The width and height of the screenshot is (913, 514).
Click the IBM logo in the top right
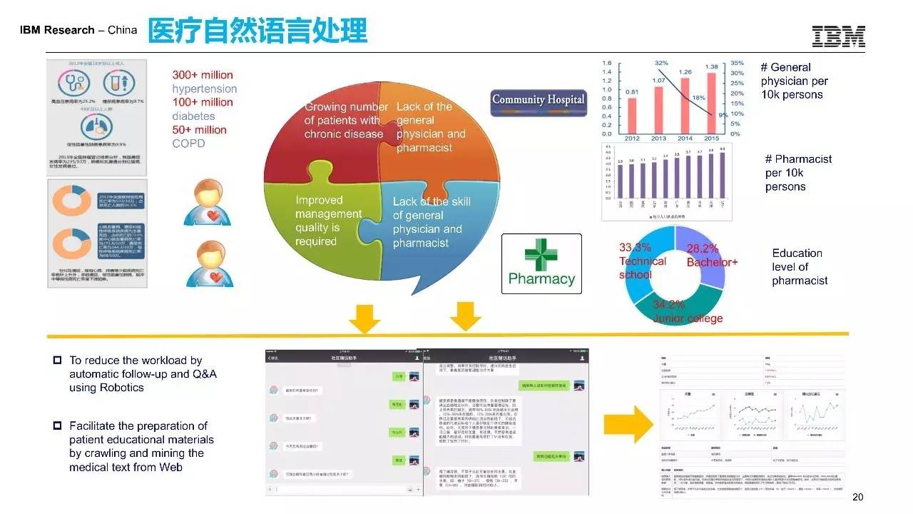[x=838, y=36]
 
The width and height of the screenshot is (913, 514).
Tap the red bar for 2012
[x=632, y=115]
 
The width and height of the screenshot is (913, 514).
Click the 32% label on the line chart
[x=661, y=64]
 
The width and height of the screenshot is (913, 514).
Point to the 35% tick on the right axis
[x=737, y=63]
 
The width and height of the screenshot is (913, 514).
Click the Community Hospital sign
[x=538, y=100]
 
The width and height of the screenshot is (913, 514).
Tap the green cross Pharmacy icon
[x=541, y=255]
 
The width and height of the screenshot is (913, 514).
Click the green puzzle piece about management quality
[x=321, y=221]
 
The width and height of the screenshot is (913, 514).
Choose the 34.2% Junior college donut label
[x=688, y=311]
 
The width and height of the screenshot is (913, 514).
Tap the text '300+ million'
[x=203, y=75]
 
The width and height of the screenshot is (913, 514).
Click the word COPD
[x=188, y=143]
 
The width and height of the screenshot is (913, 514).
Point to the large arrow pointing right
[x=628, y=426]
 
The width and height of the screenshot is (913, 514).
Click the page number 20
[x=857, y=498]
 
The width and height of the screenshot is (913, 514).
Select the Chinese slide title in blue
[x=257, y=31]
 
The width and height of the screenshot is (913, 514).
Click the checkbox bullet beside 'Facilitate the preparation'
[x=58, y=426]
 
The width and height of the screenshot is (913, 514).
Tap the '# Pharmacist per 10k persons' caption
[x=798, y=173]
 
